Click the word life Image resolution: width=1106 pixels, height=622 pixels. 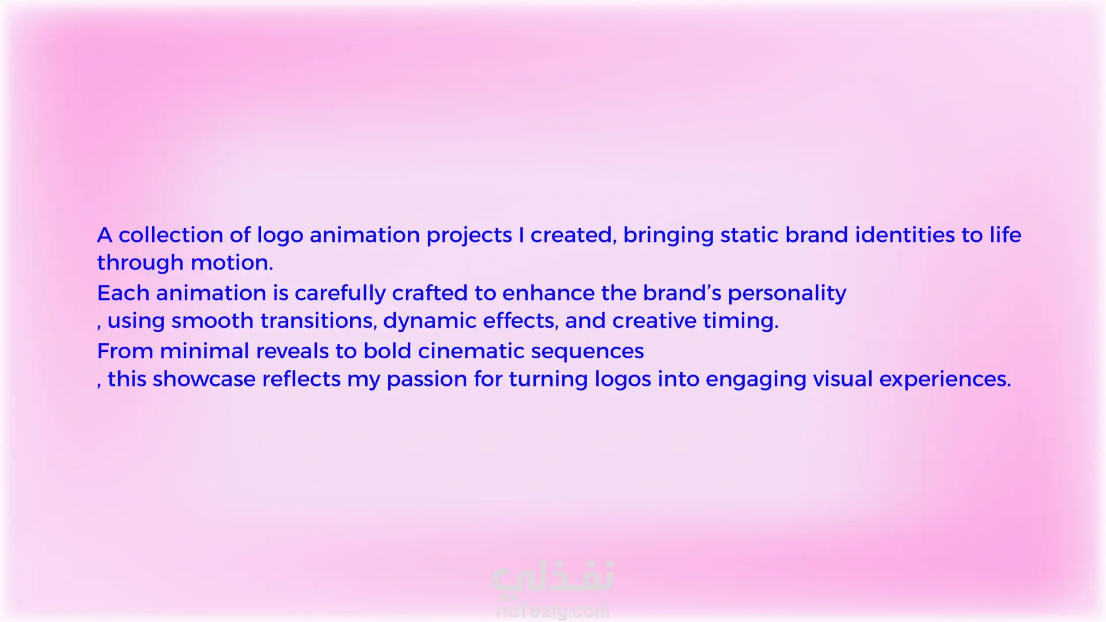pyautogui.click(x=1005, y=235)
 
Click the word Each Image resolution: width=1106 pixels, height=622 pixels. pyautogui.click(x=123, y=293)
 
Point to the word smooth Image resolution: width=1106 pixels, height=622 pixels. pyautogui.click(x=213, y=321)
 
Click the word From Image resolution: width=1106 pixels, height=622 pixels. pyautogui.click(x=125, y=351)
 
